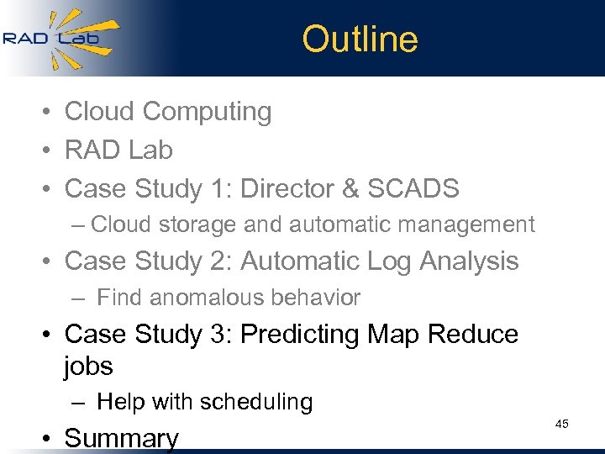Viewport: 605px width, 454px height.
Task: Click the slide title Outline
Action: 360,40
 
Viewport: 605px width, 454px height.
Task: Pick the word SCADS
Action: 418,188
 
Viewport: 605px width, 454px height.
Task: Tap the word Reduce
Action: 473,335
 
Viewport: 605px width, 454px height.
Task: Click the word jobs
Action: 88,367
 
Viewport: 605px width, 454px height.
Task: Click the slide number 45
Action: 562,424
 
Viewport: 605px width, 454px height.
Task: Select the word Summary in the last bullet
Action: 122,438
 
